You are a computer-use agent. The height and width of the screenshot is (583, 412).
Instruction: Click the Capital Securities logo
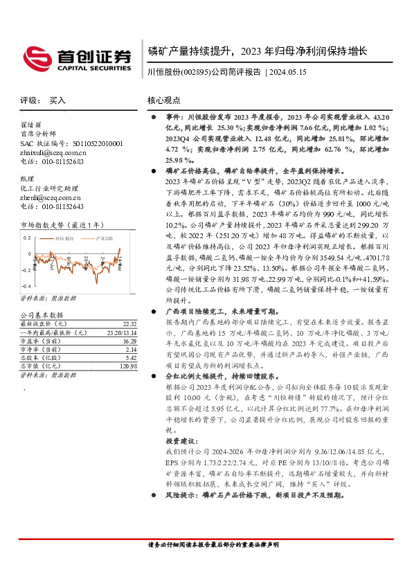[78, 57]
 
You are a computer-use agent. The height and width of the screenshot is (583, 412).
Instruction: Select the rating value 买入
[57, 100]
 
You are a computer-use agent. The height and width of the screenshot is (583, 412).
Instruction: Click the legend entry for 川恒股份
[64, 237]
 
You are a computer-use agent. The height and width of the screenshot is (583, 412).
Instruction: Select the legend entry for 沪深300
[104, 237]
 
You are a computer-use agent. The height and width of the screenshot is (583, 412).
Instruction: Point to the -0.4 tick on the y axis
[25, 285]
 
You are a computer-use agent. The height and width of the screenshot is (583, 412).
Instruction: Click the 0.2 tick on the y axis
[26, 237]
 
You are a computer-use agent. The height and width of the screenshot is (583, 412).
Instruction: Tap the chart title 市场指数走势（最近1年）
[62, 225]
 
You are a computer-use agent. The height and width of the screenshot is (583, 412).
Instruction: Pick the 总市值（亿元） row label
[44, 357]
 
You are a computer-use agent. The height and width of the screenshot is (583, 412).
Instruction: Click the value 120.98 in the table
[127, 366]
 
